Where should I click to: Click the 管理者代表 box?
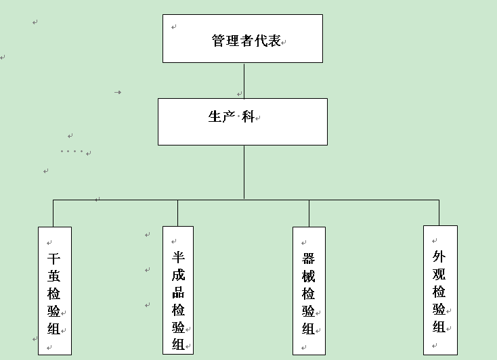(x=242, y=39)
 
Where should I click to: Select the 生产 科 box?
(x=242, y=122)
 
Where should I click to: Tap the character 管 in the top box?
(x=219, y=41)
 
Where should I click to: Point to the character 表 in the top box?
(x=274, y=41)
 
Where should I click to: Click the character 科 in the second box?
(x=248, y=116)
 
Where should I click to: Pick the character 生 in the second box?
(x=215, y=116)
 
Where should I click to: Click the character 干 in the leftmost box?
(x=54, y=259)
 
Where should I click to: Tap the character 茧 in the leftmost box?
(x=54, y=277)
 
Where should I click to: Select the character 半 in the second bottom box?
(x=179, y=258)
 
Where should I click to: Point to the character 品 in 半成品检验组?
(x=179, y=292)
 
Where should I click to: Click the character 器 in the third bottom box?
(x=309, y=259)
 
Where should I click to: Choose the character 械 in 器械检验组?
(x=309, y=277)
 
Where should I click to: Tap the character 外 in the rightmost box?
(x=439, y=257)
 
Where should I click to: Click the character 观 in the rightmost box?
(x=439, y=275)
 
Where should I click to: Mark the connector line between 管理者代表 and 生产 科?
(x=244, y=81)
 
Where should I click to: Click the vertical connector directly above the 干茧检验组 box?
(x=53, y=213)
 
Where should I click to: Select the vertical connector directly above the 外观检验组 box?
(x=439, y=212)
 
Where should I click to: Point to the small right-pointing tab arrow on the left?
(x=118, y=92)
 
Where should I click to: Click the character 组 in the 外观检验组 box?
(x=439, y=327)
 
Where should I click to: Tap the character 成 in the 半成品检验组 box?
(x=179, y=275)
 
